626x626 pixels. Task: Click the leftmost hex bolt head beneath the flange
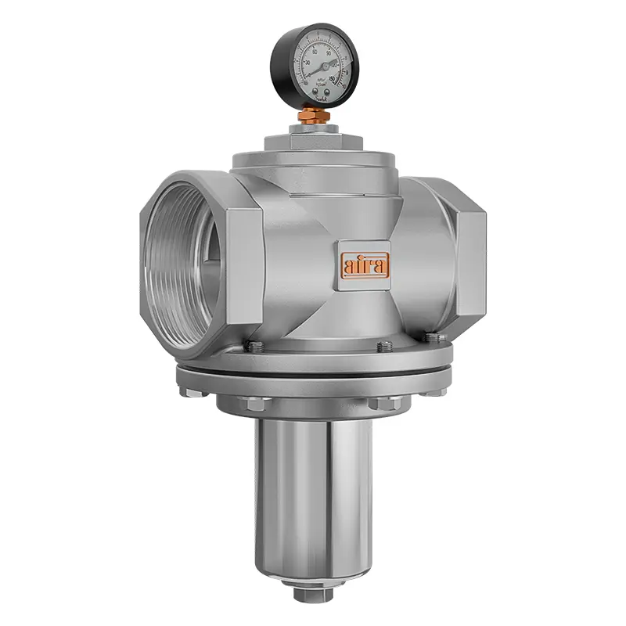click(x=256, y=404)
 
